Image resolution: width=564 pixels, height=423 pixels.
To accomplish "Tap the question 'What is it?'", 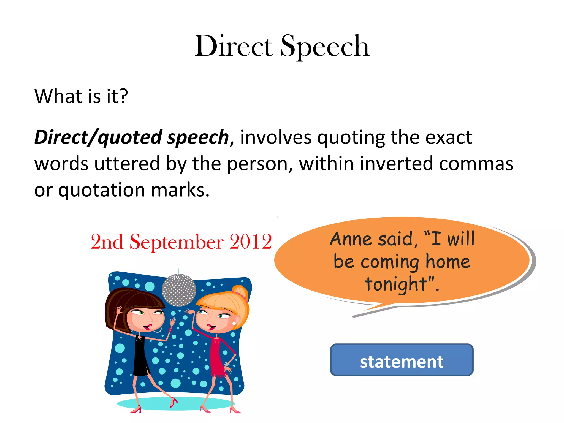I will pos(81,96).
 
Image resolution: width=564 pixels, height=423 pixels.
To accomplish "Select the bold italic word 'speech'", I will pos(198,137).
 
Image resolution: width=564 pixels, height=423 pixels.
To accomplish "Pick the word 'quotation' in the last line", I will pos(102,190).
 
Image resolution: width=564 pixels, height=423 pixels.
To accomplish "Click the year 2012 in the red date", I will pos(251,242).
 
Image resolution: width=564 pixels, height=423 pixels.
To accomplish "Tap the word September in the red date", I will pos(176,242).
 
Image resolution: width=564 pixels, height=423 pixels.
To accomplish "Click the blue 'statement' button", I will pos(402,360).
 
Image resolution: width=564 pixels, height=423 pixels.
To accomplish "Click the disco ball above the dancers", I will pos(179,290).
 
